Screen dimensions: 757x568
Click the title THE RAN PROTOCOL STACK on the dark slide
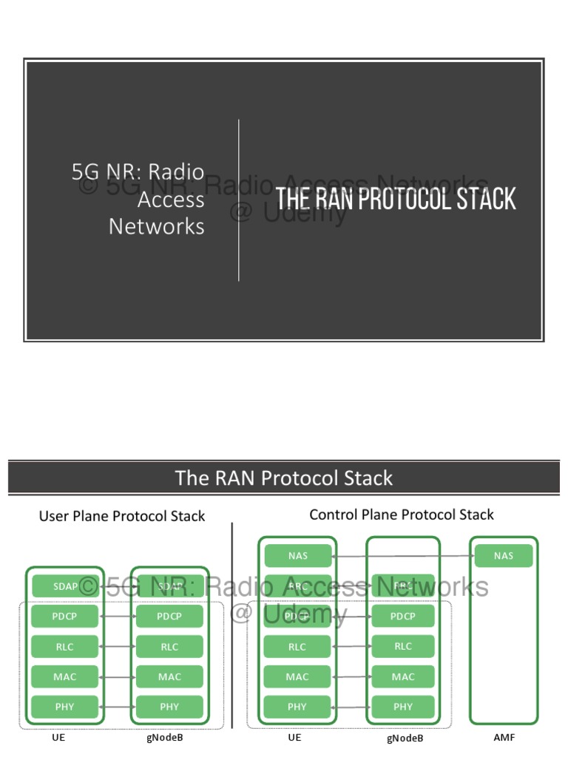coord(396,200)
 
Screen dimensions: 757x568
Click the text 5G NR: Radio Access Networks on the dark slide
coord(138,199)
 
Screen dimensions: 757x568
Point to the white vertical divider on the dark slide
coord(239,200)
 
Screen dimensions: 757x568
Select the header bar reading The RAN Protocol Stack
coord(284,478)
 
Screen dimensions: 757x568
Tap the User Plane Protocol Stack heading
coord(122,516)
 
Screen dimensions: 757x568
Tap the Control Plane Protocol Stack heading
coord(402,515)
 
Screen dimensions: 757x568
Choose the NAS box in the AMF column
coord(504,556)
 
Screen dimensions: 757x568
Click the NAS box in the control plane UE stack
coord(297,556)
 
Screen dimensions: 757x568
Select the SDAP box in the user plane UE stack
coord(65,586)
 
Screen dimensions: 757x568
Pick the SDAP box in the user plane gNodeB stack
coord(169,586)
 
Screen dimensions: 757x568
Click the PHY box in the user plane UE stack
coord(65,707)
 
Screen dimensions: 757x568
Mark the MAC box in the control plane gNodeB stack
coord(403,676)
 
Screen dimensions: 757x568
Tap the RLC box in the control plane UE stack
coord(297,647)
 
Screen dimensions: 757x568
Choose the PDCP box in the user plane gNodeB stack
coord(169,617)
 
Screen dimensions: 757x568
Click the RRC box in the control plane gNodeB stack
coord(403,585)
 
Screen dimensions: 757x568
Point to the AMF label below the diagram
coord(504,738)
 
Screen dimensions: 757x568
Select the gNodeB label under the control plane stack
coord(405,739)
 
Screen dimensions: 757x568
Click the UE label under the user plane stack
coord(65,738)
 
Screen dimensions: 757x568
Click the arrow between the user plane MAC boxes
coord(117,676)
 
